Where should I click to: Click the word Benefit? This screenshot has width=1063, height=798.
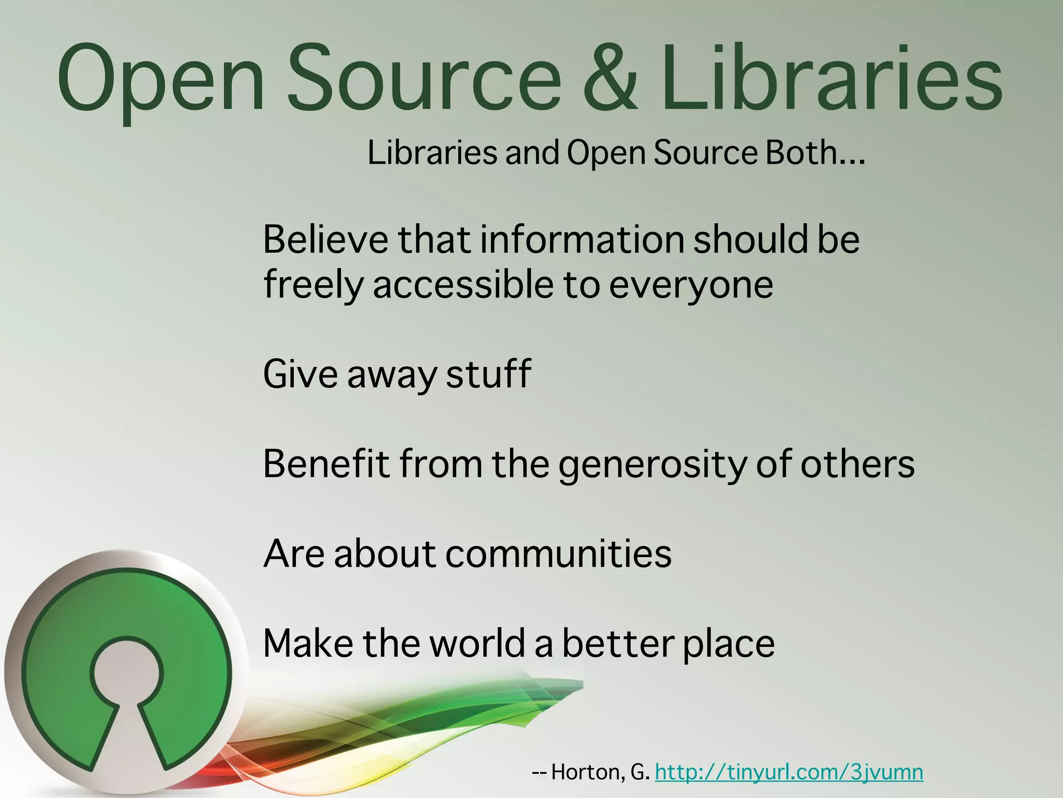(326, 463)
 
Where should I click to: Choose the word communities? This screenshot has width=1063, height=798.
(558, 553)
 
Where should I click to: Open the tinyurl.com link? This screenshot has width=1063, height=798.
(789, 772)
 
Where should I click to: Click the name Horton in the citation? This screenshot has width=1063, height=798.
(587, 772)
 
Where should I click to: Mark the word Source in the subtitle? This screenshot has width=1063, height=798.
(705, 153)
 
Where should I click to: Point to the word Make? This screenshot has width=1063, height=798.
(308, 643)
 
